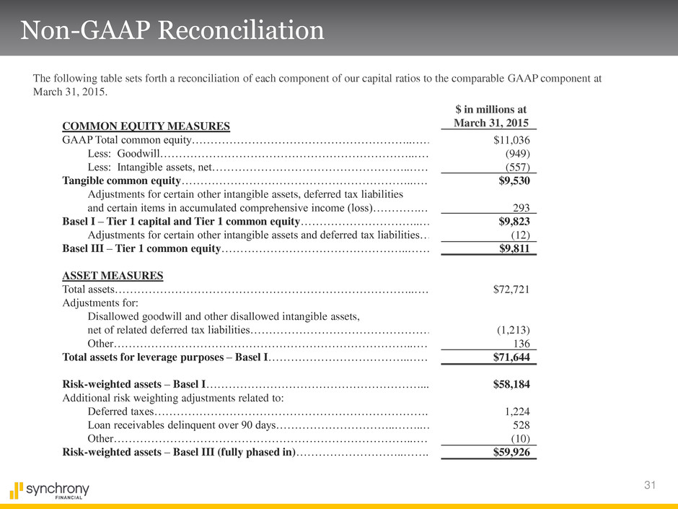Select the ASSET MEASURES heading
[x=113, y=276]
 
